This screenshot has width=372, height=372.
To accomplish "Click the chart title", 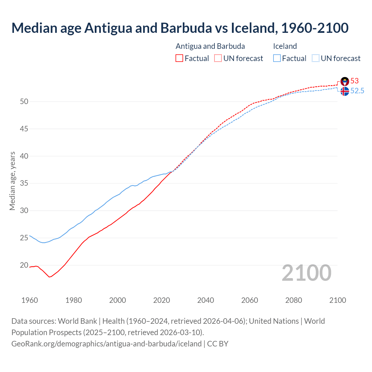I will click(x=180, y=28).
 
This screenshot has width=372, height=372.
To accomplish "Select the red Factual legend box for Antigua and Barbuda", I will click(x=179, y=58).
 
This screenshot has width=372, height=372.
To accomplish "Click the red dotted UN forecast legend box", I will click(x=218, y=58).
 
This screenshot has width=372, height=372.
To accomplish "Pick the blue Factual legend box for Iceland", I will click(x=277, y=58).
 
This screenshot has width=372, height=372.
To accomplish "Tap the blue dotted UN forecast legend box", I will click(x=315, y=58).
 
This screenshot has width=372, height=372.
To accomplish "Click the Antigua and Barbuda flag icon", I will click(x=345, y=81).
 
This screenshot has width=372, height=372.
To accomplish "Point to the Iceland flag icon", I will click(x=345, y=91).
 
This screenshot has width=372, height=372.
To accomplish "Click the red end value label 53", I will click(x=355, y=81).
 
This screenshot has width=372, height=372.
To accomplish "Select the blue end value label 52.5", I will click(x=357, y=91).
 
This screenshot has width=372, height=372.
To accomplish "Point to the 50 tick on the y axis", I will click(x=24, y=101).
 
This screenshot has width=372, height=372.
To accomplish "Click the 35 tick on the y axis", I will click(x=24, y=183).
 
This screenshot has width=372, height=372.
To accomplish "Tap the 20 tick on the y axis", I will click(x=24, y=265).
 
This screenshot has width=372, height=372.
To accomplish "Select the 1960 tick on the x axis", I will click(x=30, y=300).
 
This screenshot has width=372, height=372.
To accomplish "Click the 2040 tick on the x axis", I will click(x=205, y=300).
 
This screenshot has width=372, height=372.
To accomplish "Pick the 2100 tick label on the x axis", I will click(x=337, y=300).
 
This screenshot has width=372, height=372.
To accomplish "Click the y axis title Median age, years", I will click(x=12, y=181).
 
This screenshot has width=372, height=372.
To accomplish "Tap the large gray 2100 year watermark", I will click(x=307, y=273).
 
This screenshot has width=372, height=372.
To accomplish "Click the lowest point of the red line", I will click(x=49, y=277).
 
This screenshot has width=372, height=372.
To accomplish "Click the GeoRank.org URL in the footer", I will click(x=106, y=344).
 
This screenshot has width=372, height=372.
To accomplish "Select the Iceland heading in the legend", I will click(x=285, y=46).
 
